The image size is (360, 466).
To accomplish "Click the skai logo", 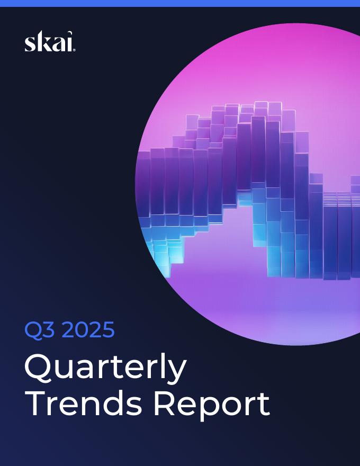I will pos(50,42).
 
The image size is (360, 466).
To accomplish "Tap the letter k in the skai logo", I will pos(42,42).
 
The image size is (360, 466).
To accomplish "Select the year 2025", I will pos(88,330).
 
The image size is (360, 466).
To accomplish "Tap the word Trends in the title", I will pos(84,404).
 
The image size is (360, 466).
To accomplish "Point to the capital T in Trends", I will pos(35,404).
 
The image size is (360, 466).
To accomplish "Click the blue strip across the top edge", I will pos(180,3).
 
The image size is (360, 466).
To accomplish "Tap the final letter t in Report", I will pos(263,405).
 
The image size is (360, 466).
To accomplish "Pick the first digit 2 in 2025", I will pos(69,330).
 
